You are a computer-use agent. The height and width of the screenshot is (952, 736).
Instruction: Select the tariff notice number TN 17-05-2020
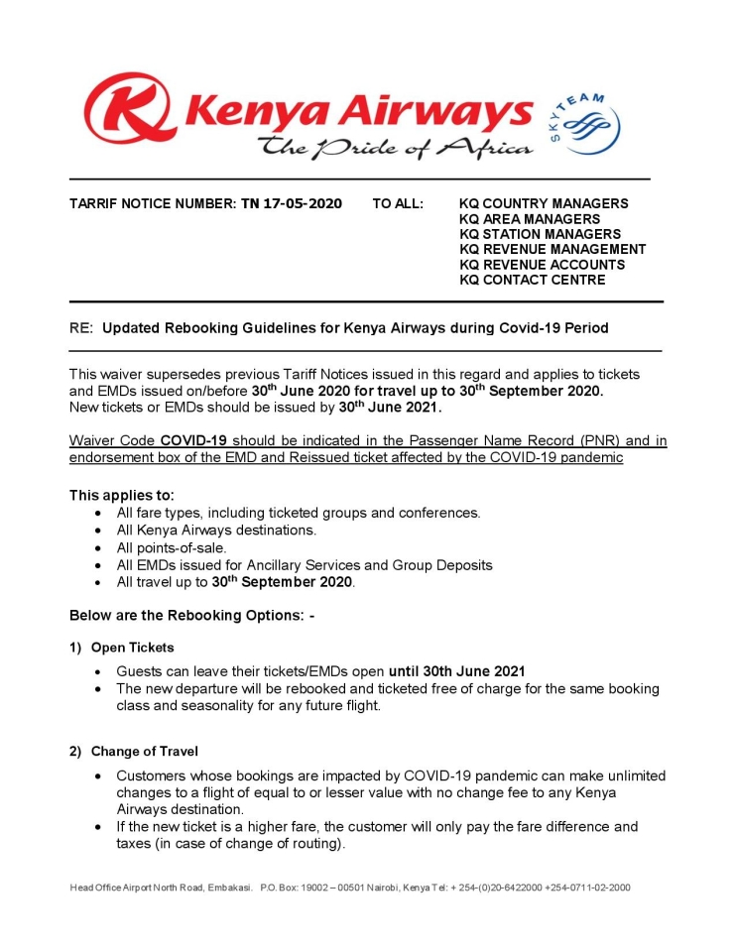[292, 204]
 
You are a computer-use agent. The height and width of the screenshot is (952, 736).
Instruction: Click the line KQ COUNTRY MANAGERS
[544, 204]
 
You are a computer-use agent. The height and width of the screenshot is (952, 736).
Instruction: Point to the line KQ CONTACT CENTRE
[532, 280]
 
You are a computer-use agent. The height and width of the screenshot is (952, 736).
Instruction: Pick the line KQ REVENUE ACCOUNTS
[542, 265]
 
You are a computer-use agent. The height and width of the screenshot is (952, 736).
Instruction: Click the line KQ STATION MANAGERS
[540, 234]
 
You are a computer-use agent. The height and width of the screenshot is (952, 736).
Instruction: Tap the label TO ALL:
[398, 204]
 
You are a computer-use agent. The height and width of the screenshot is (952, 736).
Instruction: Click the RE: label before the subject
[80, 327]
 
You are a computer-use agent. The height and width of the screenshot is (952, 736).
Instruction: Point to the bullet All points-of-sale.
[172, 547]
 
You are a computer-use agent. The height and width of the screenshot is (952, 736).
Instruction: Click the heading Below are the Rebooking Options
[191, 616]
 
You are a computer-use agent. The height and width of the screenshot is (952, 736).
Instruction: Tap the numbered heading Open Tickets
[132, 648]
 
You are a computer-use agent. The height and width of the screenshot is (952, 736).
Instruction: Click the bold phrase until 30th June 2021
[456, 670]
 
